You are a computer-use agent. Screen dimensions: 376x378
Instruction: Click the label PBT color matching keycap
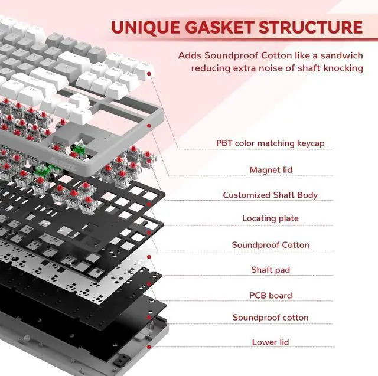(x=271, y=143)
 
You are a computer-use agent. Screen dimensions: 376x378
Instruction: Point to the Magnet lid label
(x=271, y=170)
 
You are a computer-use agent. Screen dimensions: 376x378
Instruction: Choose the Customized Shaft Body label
(x=271, y=195)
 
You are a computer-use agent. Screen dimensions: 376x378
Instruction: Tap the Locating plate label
(x=271, y=218)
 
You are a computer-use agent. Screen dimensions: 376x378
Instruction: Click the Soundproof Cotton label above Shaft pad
(x=271, y=245)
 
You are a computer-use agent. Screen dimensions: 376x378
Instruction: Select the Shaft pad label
(x=271, y=270)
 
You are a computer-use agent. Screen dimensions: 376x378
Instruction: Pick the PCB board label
(x=271, y=295)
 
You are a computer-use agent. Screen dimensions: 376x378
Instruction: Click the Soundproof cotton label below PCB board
(x=271, y=318)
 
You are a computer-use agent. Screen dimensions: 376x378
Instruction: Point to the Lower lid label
(x=271, y=342)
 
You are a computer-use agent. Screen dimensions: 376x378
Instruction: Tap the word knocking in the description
(x=342, y=68)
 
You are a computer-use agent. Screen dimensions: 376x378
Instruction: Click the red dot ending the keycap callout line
(x=149, y=74)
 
